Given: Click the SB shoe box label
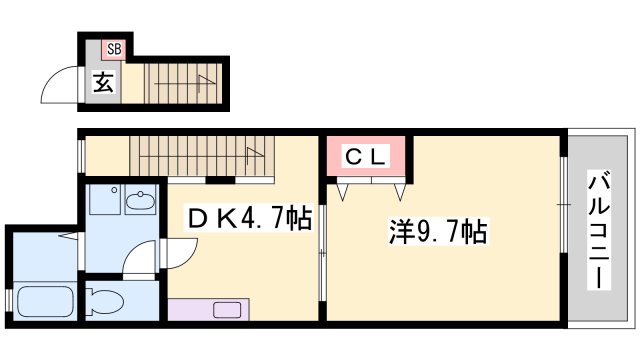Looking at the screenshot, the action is click(x=115, y=49).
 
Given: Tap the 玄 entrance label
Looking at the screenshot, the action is click(x=102, y=82).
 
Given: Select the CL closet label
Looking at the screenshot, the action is click(x=365, y=157).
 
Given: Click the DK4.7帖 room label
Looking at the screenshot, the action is click(x=250, y=218).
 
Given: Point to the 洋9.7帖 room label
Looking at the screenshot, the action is click(x=438, y=232).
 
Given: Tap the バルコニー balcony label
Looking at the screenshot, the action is click(x=599, y=231).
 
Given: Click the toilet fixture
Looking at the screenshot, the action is click(x=104, y=302).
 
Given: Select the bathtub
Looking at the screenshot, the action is click(x=45, y=301).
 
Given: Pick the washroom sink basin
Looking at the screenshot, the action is click(x=140, y=200).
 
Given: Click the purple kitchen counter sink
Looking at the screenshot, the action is click(x=227, y=310).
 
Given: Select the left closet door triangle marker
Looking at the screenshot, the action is click(x=342, y=192).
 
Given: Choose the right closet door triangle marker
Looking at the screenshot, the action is click(x=400, y=192).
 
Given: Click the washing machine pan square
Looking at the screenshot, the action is click(x=104, y=199).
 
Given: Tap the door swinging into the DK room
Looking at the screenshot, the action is click(x=180, y=253).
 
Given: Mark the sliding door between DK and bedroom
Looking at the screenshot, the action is click(x=322, y=253).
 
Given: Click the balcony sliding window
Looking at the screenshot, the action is click(x=563, y=204).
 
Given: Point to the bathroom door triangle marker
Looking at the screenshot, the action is click(x=68, y=236).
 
